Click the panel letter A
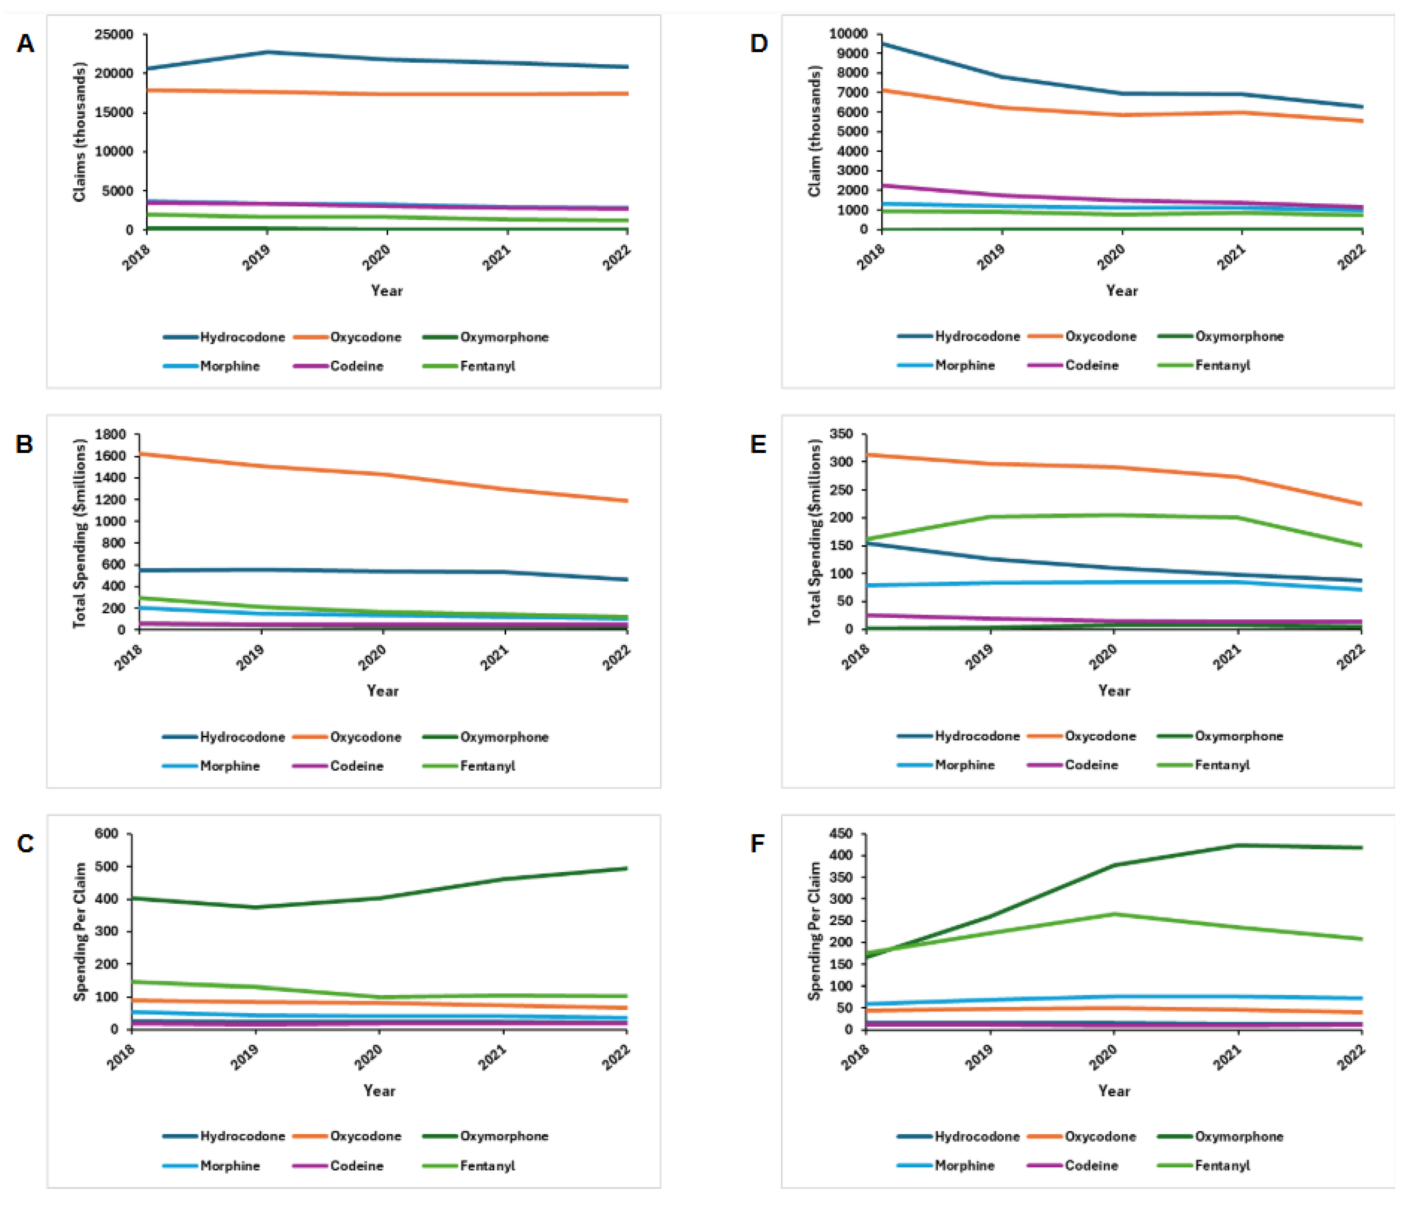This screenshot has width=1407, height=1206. point(25,44)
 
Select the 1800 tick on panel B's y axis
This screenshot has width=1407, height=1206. point(111,434)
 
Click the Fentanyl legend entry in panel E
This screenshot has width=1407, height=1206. point(1222,765)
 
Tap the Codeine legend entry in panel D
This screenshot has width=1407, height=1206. point(1091,365)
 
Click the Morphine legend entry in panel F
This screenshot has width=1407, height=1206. point(964,1165)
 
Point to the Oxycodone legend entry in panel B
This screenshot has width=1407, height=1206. point(365,737)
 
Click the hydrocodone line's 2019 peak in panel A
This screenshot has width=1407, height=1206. point(267,52)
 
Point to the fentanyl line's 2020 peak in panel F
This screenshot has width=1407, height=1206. point(1114,914)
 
